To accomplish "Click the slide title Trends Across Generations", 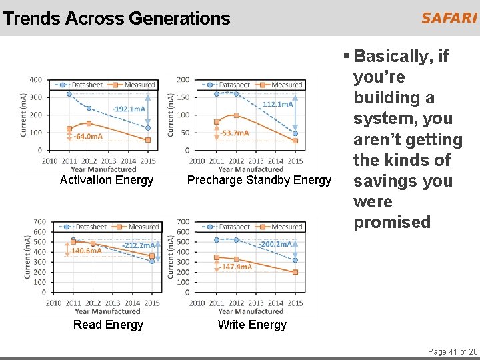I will (x=117, y=19).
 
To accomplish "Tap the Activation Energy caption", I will (x=107, y=180).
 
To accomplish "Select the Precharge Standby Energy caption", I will (x=259, y=180).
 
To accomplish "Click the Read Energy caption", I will (x=108, y=325).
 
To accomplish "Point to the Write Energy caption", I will (x=252, y=325).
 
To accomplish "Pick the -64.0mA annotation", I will (x=89, y=137).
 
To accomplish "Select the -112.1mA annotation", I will (x=277, y=105).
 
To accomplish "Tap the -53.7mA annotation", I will (x=235, y=133).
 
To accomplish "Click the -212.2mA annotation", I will (x=139, y=245).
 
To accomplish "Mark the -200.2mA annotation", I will (x=276, y=244).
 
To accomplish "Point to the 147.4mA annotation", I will (x=237, y=267).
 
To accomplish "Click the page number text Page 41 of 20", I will (x=453, y=351).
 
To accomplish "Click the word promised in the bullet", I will (x=392, y=222).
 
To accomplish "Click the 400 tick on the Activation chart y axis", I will (x=35, y=80).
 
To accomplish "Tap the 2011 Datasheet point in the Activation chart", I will (x=69, y=94).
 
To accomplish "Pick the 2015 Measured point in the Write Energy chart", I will (x=295, y=272).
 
